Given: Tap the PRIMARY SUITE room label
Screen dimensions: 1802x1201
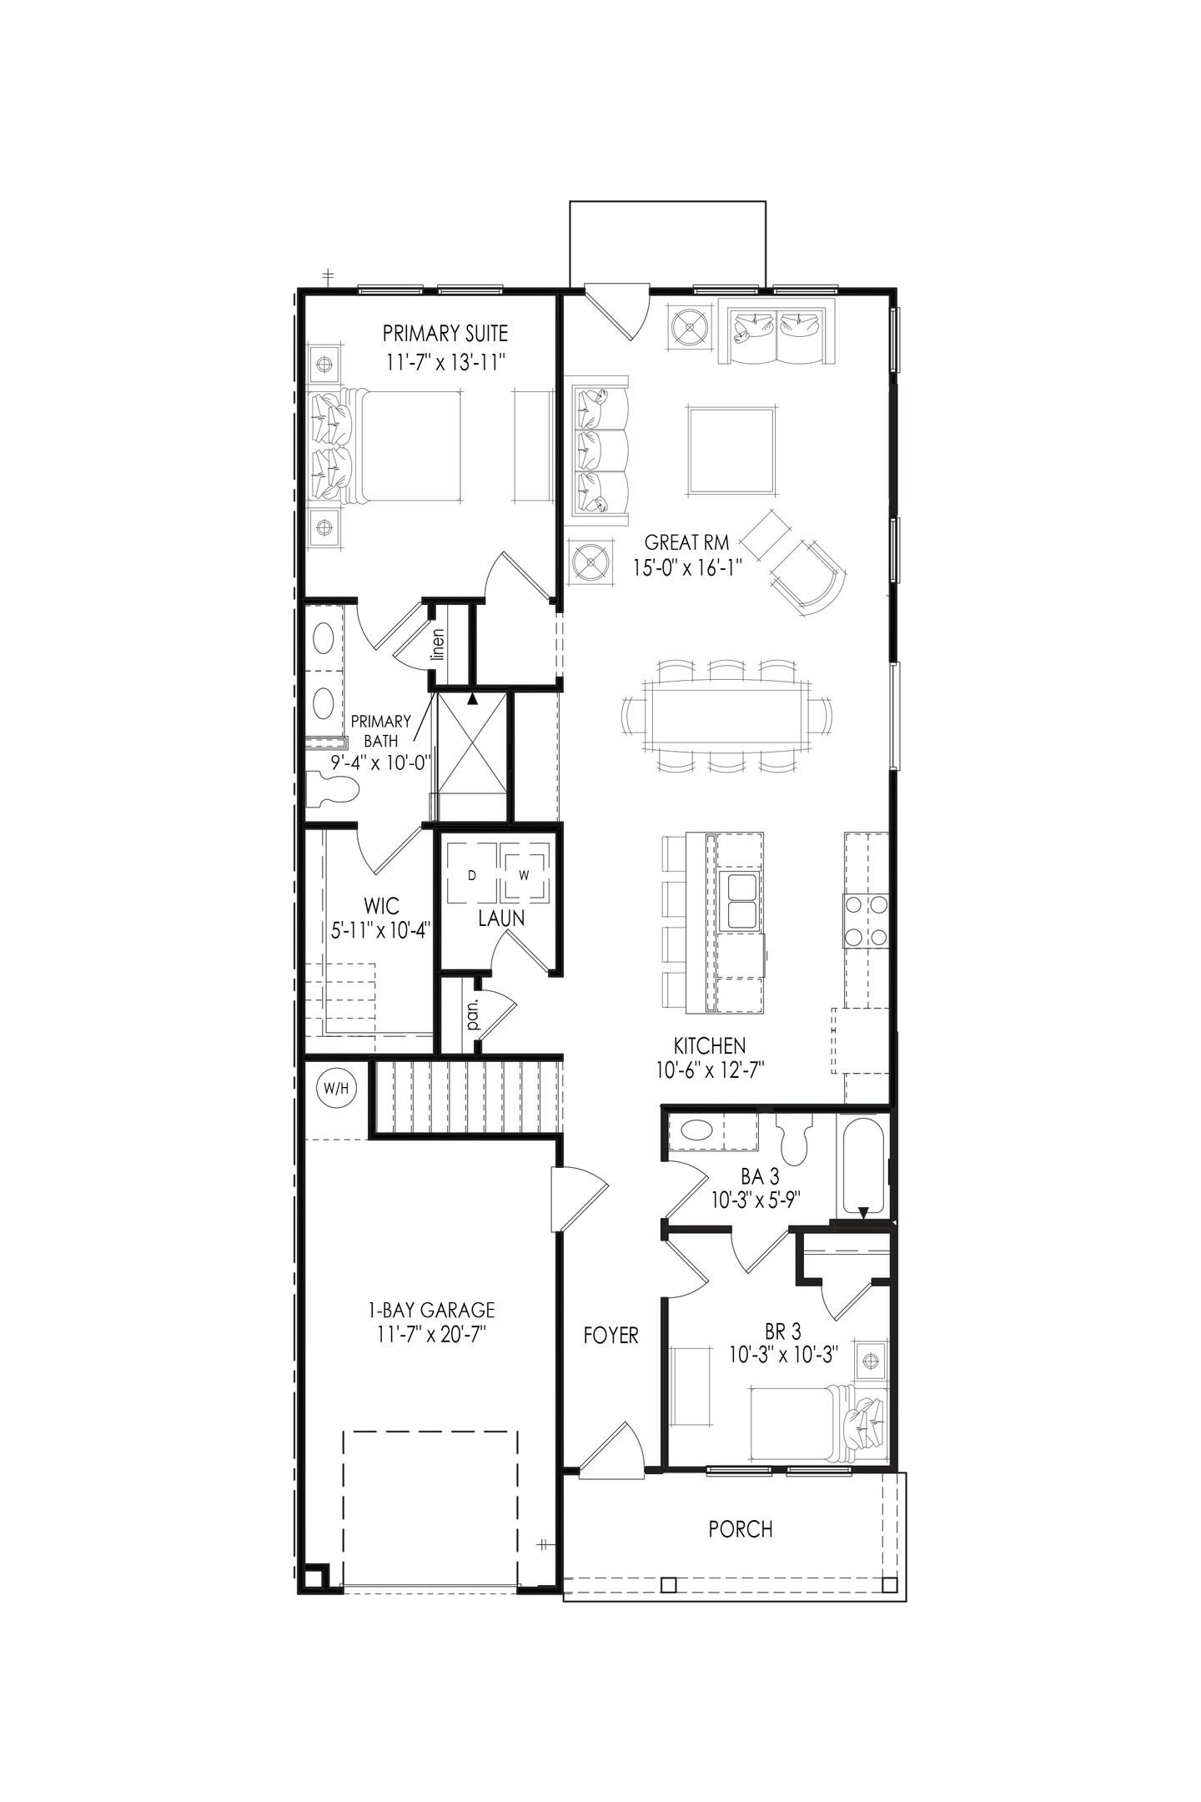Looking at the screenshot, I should point(445,334).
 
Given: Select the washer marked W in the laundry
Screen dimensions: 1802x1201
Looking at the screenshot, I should point(525,875).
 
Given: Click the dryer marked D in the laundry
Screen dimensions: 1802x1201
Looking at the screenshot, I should point(472,875).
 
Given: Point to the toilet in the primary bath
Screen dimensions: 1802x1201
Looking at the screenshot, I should point(332,789).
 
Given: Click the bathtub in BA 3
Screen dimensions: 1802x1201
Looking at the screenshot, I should point(862,1165).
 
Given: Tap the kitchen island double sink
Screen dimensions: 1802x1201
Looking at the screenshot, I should point(741,902).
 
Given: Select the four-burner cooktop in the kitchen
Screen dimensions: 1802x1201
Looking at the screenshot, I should point(866,920).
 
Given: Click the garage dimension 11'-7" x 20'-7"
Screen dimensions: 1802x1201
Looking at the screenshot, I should point(431,1334).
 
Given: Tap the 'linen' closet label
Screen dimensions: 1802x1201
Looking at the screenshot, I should point(439,644).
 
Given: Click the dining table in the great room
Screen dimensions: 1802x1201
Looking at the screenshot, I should point(726,717).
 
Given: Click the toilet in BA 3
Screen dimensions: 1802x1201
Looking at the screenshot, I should point(793,1139).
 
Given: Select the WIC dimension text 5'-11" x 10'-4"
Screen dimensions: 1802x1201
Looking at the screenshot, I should point(380,931).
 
